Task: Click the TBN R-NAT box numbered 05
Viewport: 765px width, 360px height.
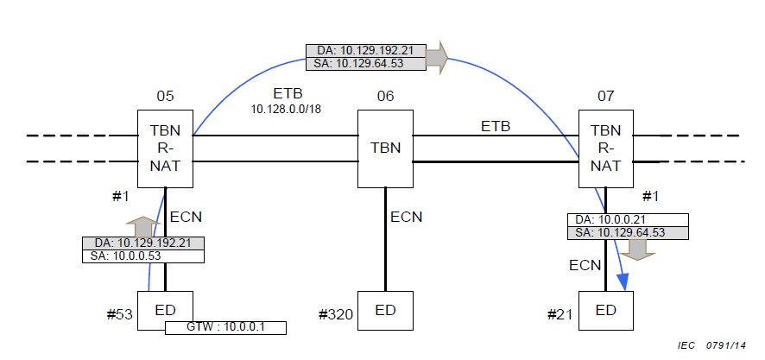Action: pos(165,148)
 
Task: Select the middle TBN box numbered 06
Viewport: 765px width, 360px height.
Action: pos(385,148)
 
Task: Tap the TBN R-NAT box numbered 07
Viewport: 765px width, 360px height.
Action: pos(605,148)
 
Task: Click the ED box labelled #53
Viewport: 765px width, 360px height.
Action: pos(165,310)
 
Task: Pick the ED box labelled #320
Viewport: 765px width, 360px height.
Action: pos(385,310)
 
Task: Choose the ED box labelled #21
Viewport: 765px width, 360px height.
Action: pos(605,310)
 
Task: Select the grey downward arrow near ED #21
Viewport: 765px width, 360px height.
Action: pos(638,249)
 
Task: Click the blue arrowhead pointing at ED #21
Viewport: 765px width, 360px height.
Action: pos(621,282)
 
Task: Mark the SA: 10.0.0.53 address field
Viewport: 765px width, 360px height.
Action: pos(143,256)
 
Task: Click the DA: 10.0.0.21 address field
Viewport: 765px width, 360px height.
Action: pos(628,219)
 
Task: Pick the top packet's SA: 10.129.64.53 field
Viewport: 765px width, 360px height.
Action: pos(366,63)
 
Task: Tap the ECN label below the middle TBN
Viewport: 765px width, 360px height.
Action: pos(406,217)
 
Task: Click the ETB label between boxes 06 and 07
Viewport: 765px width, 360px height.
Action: pos(496,126)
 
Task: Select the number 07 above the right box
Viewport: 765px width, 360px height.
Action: pos(605,94)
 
